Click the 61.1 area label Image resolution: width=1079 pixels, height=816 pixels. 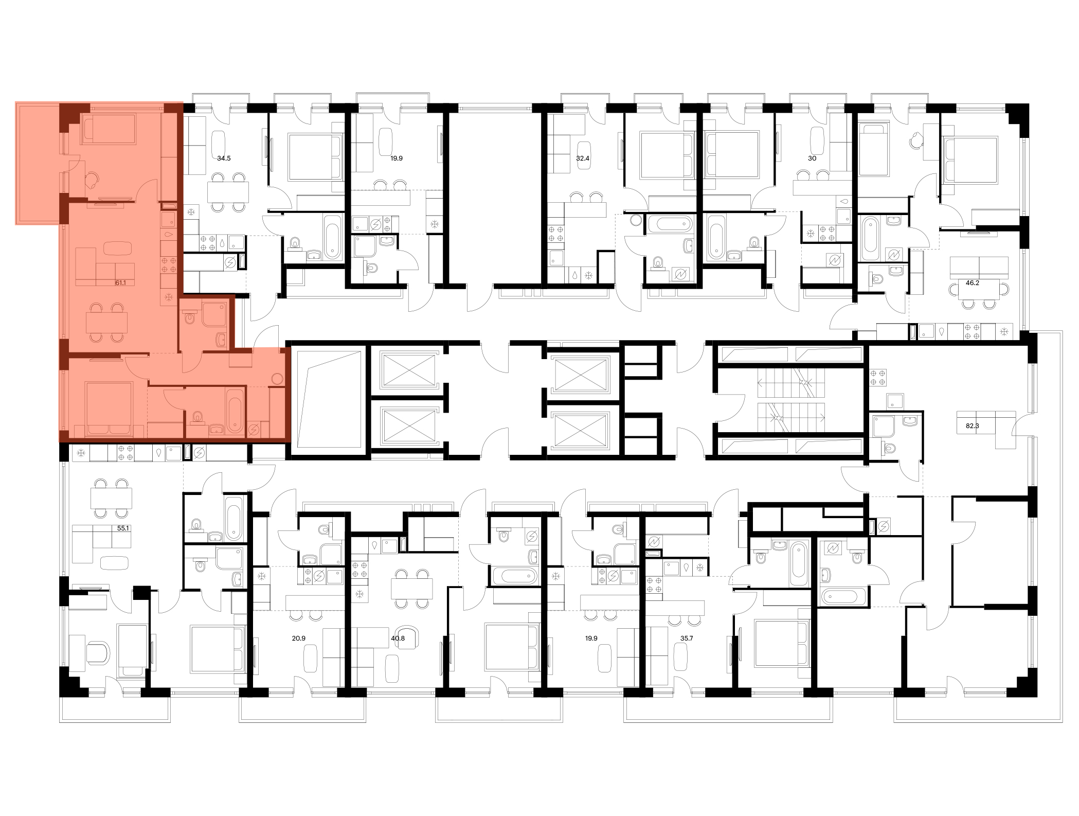[x=121, y=282]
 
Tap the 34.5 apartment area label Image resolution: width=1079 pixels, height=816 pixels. [x=224, y=158]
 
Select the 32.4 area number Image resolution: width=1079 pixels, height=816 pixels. [x=583, y=158]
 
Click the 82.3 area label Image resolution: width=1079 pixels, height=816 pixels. [x=972, y=426]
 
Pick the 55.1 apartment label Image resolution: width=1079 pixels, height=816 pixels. [x=122, y=528]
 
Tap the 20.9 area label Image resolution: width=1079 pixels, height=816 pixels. [x=299, y=638]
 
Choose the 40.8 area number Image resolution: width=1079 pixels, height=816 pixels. [x=398, y=638]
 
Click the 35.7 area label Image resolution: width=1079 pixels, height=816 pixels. [x=687, y=638]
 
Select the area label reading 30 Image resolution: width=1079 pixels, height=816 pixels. [x=812, y=158]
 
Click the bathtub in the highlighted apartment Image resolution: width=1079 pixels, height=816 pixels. [x=235, y=411]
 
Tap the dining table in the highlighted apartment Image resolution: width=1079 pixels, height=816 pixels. [x=106, y=323]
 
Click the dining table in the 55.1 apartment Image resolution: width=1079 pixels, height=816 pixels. [x=111, y=498]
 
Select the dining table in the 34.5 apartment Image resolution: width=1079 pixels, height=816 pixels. [x=228, y=192]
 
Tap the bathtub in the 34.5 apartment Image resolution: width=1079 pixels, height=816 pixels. [x=333, y=237]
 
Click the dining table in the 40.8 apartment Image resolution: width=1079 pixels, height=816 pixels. [x=411, y=588]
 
